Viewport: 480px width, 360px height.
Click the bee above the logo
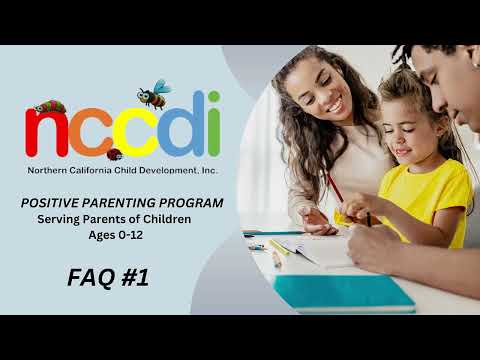pos(153,95)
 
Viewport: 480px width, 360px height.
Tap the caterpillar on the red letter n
pos(49,105)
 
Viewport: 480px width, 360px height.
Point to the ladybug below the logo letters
pos(115,154)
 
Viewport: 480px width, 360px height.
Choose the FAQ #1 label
pos(108,277)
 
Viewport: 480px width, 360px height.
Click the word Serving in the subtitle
pos(61,219)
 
